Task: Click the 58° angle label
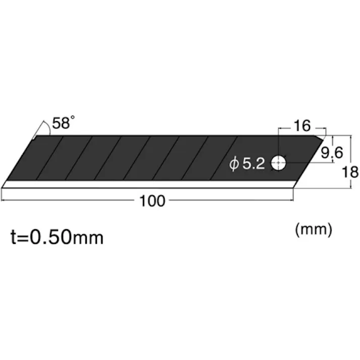point(64,123)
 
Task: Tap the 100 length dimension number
point(152,201)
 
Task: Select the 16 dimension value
point(301,126)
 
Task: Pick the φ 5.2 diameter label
point(247,164)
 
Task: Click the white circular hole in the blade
point(278,163)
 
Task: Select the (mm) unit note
point(313,230)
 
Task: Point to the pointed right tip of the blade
point(323,138)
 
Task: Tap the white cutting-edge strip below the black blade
point(146,185)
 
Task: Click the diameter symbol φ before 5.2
point(233,165)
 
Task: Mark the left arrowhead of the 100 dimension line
point(4,201)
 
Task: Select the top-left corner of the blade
point(32,137)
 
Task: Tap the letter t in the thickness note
point(14,237)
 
